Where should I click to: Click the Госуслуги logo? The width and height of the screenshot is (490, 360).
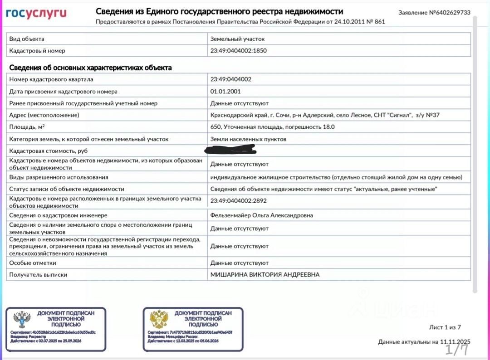pyautogui.click(x=36, y=13)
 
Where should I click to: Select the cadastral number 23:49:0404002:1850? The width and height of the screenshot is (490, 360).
pyautogui.click(x=239, y=51)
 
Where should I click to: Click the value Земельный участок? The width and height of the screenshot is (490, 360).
pyautogui.click(x=237, y=39)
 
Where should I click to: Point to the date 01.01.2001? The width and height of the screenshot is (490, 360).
pyautogui.click(x=225, y=91)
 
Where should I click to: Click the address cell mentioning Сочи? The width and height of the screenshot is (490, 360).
pyautogui.click(x=325, y=115)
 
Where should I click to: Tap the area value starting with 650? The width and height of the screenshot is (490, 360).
pyautogui.click(x=272, y=127)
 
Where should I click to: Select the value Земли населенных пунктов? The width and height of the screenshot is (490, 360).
pyautogui.click(x=248, y=139)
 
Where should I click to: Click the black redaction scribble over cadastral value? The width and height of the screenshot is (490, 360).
pyautogui.click(x=230, y=149)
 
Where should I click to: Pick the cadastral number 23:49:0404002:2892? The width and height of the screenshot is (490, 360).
pyautogui.click(x=239, y=200)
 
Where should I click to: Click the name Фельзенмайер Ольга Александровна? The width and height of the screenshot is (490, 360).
pyautogui.click(x=261, y=215)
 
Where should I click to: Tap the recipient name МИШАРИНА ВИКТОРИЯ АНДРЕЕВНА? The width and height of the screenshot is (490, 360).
pyautogui.click(x=265, y=275)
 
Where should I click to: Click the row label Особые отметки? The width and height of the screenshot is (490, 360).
pyautogui.click(x=33, y=263)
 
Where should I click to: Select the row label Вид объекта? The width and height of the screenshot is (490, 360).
pyautogui.click(x=27, y=39)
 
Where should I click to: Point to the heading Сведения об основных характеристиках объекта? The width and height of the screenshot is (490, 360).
pyautogui.click(x=91, y=68)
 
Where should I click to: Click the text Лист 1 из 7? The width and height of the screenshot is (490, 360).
pyautogui.click(x=445, y=327)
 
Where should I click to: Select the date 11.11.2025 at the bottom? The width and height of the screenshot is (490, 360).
pyautogui.click(x=455, y=342)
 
